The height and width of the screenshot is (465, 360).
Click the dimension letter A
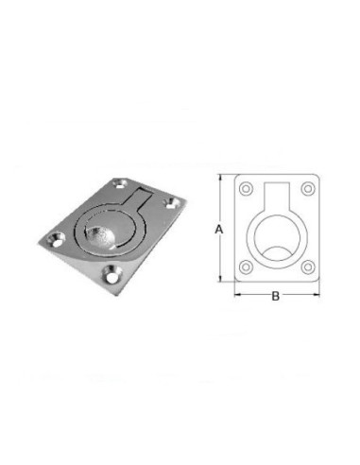click(x=219, y=229)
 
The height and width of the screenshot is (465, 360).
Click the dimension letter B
click(x=276, y=296)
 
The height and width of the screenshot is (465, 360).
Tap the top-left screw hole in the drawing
click(x=246, y=189)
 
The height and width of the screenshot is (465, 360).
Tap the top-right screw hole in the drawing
click(x=308, y=189)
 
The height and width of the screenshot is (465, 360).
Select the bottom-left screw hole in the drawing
click(x=246, y=267)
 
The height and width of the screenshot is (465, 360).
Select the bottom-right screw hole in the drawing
click(x=308, y=267)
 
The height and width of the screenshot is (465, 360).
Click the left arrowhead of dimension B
click(x=238, y=295)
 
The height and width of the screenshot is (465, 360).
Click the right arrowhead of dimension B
click(x=317, y=295)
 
